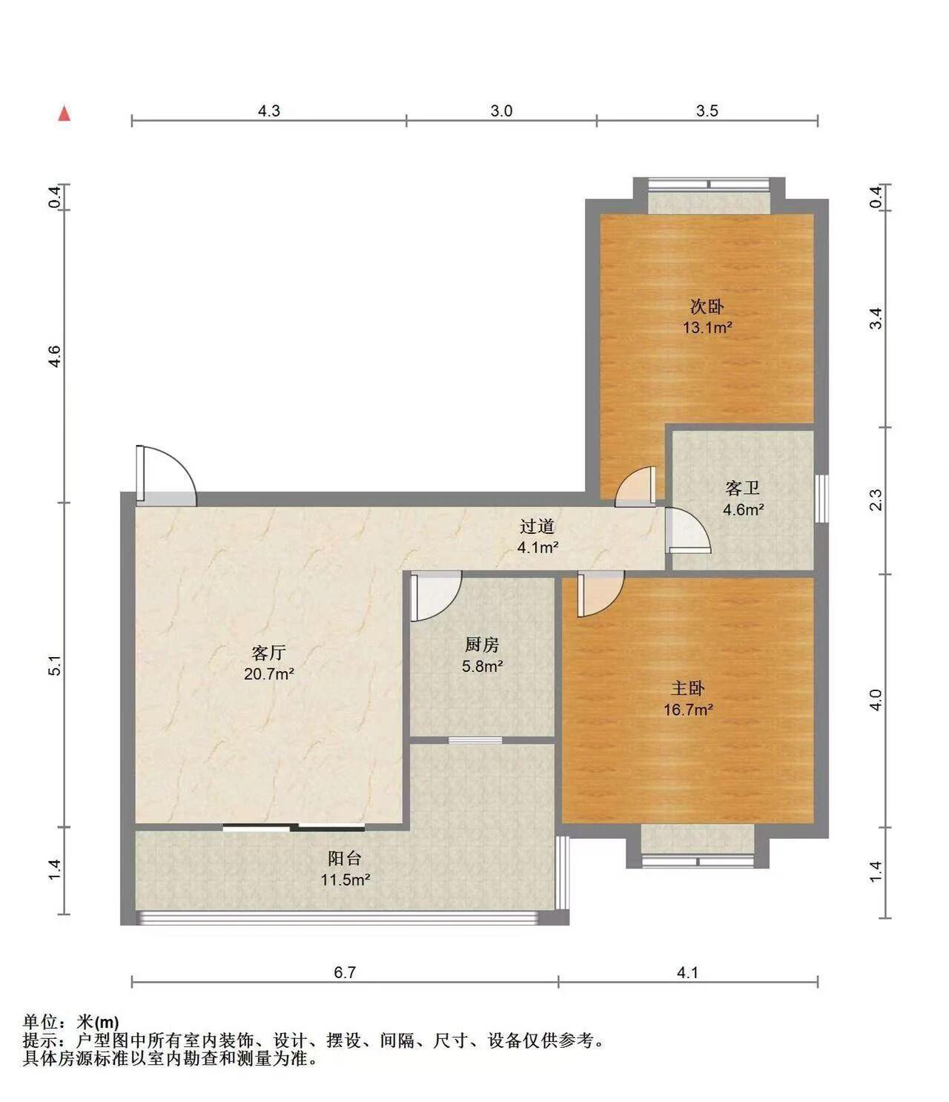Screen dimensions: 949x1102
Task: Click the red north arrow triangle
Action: [x=65, y=113]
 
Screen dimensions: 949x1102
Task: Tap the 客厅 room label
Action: [x=268, y=653]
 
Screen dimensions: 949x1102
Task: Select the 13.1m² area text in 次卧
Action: [x=707, y=327]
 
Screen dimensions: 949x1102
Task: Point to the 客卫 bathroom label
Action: [x=743, y=488]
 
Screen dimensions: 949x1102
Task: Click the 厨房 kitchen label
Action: [x=482, y=644]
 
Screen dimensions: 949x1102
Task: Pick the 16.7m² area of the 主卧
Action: [x=688, y=710]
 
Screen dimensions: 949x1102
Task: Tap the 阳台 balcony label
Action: [x=345, y=858]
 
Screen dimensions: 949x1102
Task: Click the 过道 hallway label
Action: [x=538, y=527]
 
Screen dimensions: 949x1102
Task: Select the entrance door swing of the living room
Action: [x=166, y=475]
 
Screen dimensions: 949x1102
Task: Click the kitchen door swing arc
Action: [x=436, y=596]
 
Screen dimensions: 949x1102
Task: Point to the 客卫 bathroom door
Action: [x=688, y=530]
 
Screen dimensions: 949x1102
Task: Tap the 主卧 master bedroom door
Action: [x=601, y=594]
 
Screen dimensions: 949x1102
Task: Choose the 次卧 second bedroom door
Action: [x=635, y=486]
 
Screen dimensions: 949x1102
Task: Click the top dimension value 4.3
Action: [x=268, y=111]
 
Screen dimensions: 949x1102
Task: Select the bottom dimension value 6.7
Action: [x=345, y=972]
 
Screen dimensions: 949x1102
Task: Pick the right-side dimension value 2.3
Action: [x=876, y=500]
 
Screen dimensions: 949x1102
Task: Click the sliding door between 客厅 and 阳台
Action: [x=294, y=828]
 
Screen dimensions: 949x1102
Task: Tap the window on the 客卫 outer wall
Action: [x=824, y=498]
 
